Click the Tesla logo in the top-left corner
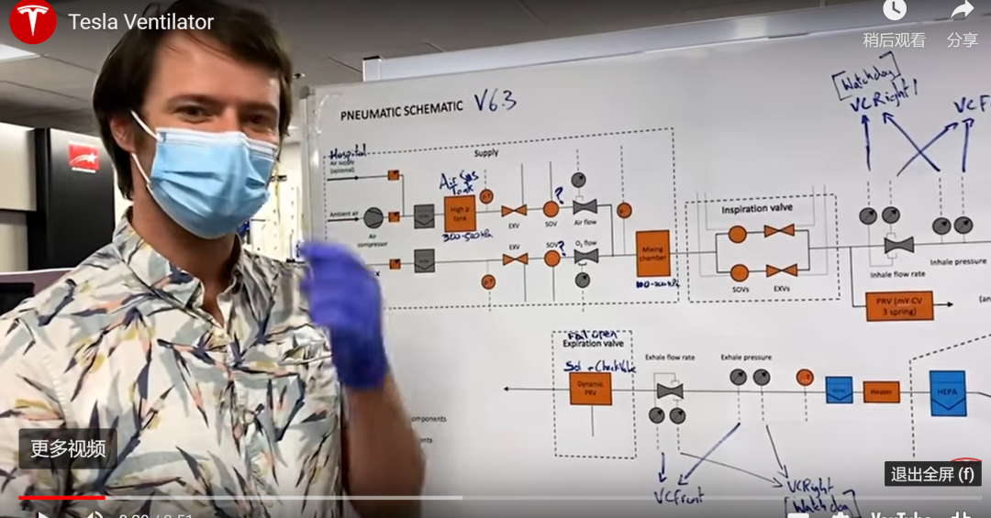click(x=32, y=21)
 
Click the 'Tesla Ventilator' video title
click(x=140, y=22)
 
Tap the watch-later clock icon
click(x=894, y=11)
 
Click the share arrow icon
click(x=962, y=11)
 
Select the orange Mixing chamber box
click(x=652, y=254)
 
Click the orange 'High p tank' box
click(x=460, y=214)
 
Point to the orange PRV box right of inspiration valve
click(x=898, y=305)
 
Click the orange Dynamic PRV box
click(x=590, y=389)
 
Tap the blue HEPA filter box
click(x=947, y=392)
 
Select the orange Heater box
click(x=881, y=391)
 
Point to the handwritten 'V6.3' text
click(x=495, y=100)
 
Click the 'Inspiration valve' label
click(x=757, y=208)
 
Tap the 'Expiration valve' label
click(x=593, y=344)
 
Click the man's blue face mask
click(x=209, y=174)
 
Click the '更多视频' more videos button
click(x=68, y=449)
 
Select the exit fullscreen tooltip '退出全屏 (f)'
click(x=932, y=474)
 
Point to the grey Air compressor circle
click(x=373, y=217)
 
